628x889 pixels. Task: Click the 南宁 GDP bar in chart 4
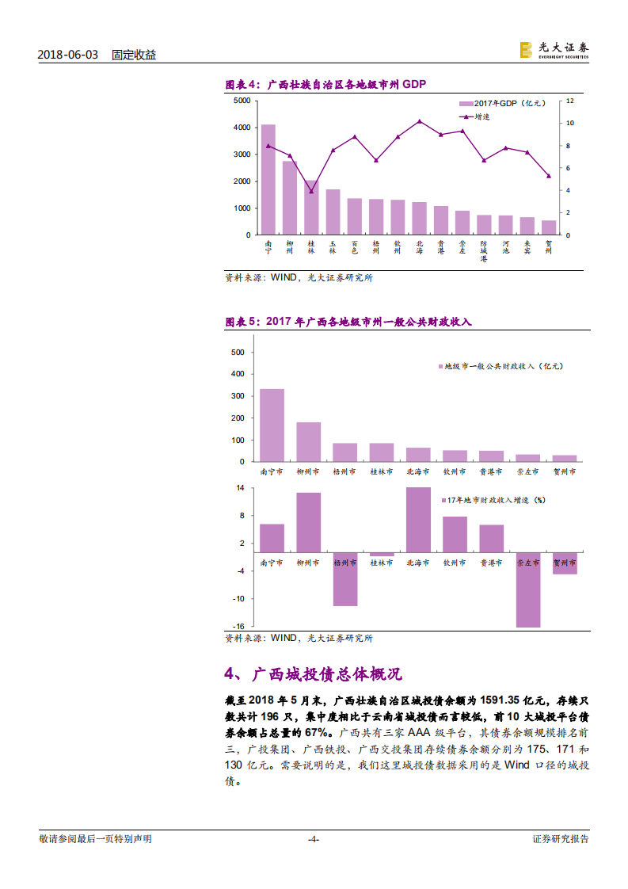click(x=268, y=180)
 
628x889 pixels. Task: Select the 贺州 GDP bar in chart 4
click(x=548, y=227)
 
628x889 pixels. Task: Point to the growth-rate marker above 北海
click(x=419, y=121)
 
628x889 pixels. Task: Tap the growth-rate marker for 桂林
click(x=311, y=192)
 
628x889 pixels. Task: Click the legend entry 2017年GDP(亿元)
click(x=502, y=104)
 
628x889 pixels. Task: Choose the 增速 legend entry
click(x=475, y=116)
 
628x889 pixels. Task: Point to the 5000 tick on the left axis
click(x=241, y=101)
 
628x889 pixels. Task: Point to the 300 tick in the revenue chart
click(x=238, y=396)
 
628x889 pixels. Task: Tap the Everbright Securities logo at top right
click(x=554, y=51)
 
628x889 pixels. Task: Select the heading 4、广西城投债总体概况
click(x=314, y=673)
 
